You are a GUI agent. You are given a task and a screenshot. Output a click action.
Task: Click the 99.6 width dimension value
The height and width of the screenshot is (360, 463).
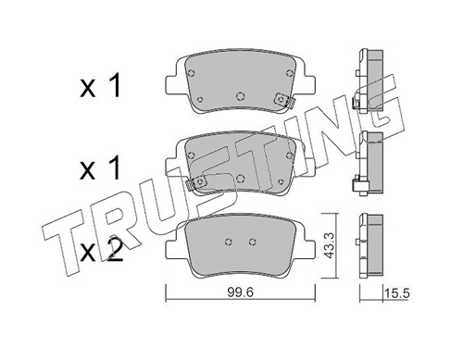coord(241,292)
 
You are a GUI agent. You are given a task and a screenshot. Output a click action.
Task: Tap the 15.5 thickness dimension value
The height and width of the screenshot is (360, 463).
coord(396,293)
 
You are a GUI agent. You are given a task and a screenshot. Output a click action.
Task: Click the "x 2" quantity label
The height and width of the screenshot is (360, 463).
coord(102,251)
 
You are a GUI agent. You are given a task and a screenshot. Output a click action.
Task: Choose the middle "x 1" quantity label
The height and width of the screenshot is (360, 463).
coord(100,168)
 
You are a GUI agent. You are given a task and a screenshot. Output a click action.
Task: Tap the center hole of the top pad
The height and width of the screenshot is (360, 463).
coord(240,96)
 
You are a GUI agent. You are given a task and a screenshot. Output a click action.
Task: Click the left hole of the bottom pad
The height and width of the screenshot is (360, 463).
coord(229,242)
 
